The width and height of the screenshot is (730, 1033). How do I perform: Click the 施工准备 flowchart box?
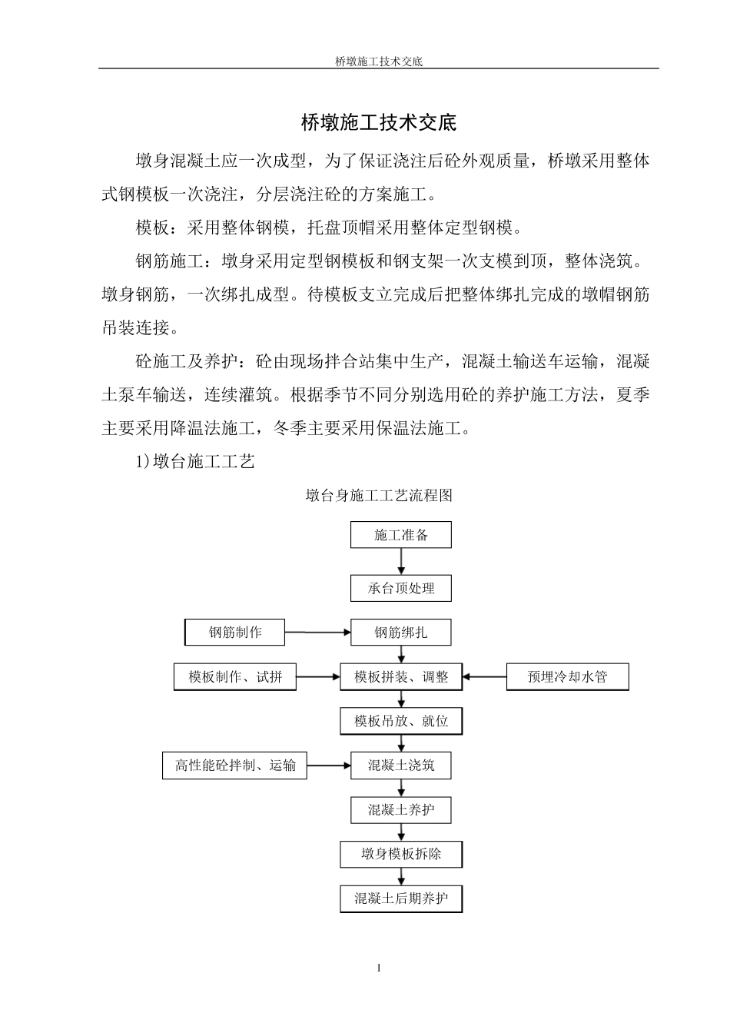click(x=400, y=535)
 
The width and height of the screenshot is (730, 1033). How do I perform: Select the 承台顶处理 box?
click(x=400, y=588)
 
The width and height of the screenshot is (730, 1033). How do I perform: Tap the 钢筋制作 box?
click(x=235, y=633)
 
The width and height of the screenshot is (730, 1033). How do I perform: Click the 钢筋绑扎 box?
click(x=400, y=633)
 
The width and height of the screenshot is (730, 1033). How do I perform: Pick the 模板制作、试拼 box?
click(x=235, y=677)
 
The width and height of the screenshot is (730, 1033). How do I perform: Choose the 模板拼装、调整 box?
click(x=400, y=677)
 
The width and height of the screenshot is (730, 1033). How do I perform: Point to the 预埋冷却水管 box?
click(x=567, y=677)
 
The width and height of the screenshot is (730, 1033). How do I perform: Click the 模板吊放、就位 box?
click(x=400, y=721)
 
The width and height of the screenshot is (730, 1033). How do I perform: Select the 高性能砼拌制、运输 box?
click(x=234, y=766)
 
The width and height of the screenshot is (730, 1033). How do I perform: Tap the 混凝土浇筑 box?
click(x=400, y=766)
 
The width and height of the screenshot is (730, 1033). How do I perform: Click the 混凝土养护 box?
click(x=400, y=809)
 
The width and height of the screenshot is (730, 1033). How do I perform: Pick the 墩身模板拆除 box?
click(x=400, y=854)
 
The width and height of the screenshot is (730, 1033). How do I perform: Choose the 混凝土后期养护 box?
click(x=400, y=898)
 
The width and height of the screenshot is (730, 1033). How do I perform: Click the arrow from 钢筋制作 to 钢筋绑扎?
click(x=317, y=633)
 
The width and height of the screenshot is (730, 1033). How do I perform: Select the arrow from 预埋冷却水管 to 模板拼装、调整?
click(x=484, y=677)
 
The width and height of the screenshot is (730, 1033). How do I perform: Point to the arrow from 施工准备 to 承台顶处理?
click(x=400, y=562)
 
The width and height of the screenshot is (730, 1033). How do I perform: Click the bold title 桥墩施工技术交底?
click(x=378, y=122)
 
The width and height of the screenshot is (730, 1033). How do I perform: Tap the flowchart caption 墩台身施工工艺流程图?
click(x=379, y=496)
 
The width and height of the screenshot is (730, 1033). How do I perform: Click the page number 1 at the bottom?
click(x=379, y=968)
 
